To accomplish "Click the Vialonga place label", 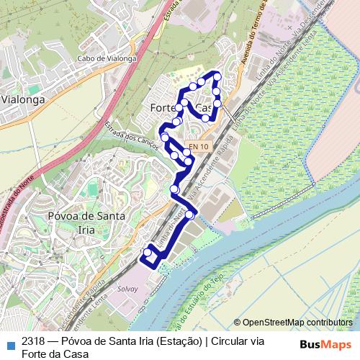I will click(24, 100).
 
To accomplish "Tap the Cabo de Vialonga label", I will click(106, 60).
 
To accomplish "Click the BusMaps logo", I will click(325, 343).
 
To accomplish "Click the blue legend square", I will click(9, 343).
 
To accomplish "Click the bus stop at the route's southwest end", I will click(148, 253).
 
